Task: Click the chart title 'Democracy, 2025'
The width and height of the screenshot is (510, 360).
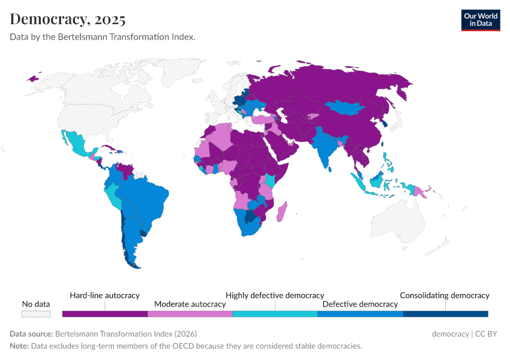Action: coord(68,19)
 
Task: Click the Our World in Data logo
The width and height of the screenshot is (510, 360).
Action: coord(480,20)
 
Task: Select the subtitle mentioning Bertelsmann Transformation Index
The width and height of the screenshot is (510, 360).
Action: coord(103,37)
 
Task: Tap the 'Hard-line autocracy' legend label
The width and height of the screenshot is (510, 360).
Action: coord(104,295)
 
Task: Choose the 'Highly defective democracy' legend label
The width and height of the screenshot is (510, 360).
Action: coord(275,295)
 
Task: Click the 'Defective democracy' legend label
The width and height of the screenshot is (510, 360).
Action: coord(360,304)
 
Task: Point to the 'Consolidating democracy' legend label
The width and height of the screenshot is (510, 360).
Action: coord(445,295)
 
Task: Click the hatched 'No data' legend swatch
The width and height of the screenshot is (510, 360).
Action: coord(36,314)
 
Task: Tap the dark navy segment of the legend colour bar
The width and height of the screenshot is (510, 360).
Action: coord(445,314)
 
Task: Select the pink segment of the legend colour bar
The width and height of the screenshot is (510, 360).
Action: coord(190,314)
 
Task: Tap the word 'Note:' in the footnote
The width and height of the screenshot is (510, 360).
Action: coord(19,346)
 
